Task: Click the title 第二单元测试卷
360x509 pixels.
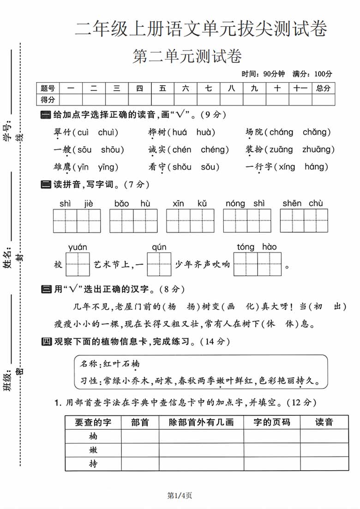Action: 187,57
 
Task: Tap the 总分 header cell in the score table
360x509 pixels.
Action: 323,88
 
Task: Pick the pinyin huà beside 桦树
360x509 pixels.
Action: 206,132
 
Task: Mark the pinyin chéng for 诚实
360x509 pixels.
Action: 215,150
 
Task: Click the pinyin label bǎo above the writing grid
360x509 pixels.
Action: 121,204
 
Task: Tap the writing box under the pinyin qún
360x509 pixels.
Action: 159,264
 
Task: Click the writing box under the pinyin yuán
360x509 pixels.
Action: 78,264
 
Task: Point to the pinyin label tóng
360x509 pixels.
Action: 245,247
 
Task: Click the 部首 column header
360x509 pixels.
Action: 140,422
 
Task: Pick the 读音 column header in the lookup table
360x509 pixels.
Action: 324,422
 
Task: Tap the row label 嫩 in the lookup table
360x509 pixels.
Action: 93,450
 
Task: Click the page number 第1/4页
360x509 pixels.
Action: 180,496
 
